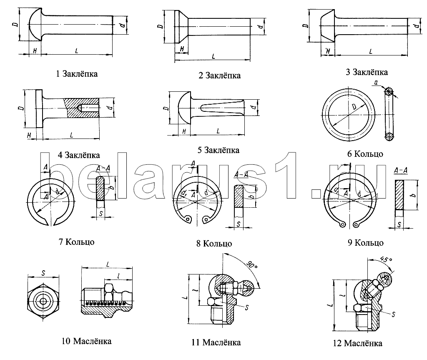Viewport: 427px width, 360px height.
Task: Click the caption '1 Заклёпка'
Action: point(77,74)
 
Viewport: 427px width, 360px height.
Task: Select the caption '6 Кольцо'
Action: point(365,154)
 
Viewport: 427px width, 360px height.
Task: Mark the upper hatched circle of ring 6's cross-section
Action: point(389,92)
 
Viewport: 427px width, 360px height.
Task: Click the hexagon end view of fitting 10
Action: point(43,301)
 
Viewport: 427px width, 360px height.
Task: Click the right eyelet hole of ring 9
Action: point(356,224)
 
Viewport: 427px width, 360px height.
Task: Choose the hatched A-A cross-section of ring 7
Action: point(100,189)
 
